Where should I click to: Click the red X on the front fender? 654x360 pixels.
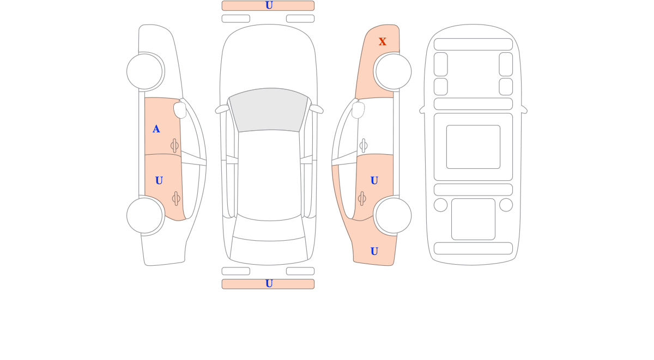(x=382, y=41)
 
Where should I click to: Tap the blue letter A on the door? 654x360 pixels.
(x=156, y=129)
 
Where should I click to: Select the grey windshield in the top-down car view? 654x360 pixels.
(x=269, y=109)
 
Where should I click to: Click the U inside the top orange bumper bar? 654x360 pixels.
(x=269, y=5)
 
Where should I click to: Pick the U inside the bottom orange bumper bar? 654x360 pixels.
(x=269, y=283)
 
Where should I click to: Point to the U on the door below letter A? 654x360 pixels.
(x=159, y=181)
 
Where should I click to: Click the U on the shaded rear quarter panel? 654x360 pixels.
(x=374, y=251)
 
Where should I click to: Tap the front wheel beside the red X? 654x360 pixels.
(x=393, y=71)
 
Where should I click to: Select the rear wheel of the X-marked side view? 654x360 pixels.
(x=393, y=216)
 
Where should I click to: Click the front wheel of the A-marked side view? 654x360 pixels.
(x=144, y=71)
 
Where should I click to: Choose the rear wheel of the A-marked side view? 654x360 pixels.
(x=144, y=216)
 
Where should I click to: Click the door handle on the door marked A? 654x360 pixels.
(x=174, y=145)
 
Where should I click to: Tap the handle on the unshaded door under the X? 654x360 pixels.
(x=364, y=145)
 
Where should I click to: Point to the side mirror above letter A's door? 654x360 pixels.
(x=180, y=110)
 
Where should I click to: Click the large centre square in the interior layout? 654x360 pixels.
(x=473, y=147)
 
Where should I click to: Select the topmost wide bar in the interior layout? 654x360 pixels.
(x=473, y=44)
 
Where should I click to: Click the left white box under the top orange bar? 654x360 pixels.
(x=236, y=19)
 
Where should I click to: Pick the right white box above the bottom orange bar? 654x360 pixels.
(x=300, y=271)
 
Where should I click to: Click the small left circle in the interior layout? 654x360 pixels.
(x=440, y=205)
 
